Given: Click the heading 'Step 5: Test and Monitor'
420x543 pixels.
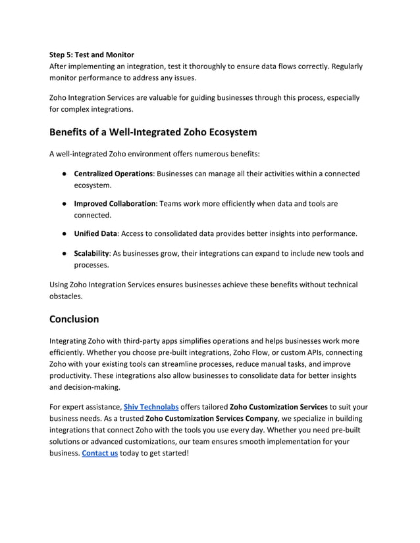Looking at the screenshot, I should click(x=92, y=55).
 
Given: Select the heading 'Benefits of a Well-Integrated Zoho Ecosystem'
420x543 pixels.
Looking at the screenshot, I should click(x=153, y=131).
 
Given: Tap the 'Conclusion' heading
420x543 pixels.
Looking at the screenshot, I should click(x=74, y=319).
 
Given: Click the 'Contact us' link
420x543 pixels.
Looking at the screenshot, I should click(x=99, y=453).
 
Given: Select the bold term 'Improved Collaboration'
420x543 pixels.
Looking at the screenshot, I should click(x=114, y=204).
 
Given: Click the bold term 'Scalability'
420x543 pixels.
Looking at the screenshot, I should click(x=91, y=254).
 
